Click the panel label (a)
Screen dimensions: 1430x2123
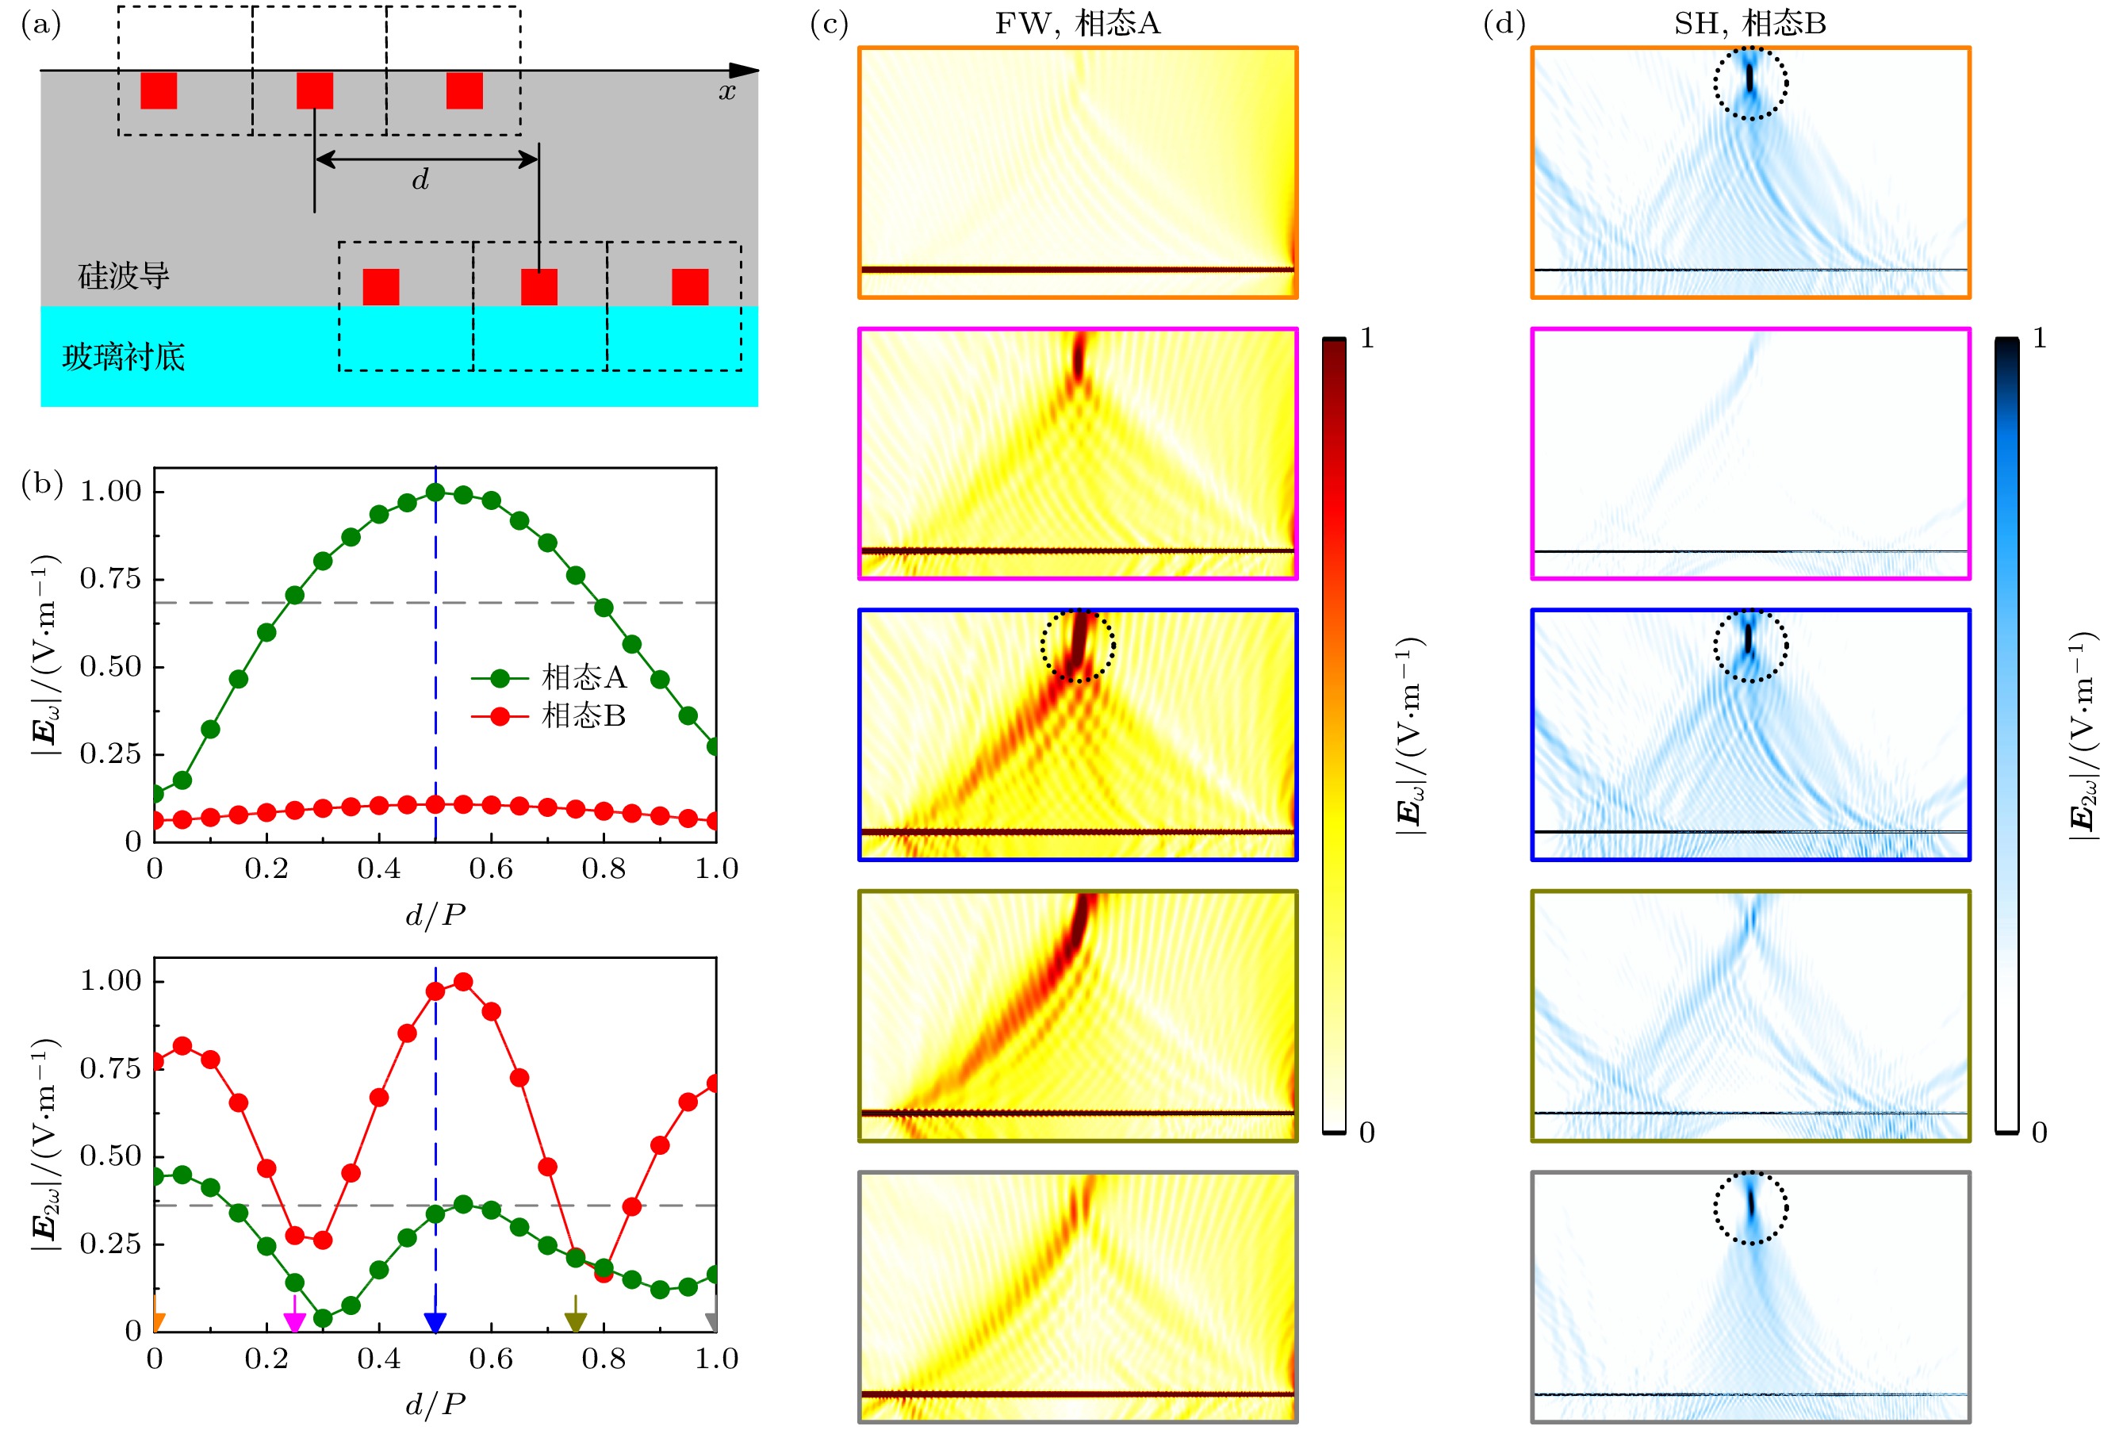pyautogui.click(x=41, y=25)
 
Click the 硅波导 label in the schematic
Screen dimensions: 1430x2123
pyautogui.click(x=123, y=275)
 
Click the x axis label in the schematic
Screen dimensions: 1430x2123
pyautogui.click(x=726, y=91)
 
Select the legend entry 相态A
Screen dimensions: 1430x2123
pyautogui.click(x=584, y=677)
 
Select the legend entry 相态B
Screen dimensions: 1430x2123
pyautogui.click(x=584, y=716)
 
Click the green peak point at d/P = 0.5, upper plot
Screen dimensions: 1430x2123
pyautogui.click(x=435, y=493)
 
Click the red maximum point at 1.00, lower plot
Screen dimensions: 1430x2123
pyautogui.click(x=463, y=981)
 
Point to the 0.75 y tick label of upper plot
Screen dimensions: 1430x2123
pyautogui.click(x=110, y=578)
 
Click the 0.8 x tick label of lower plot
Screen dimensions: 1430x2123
pyautogui.click(x=603, y=1359)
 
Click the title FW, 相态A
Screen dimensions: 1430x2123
pyautogui.click(x=1077, y=24)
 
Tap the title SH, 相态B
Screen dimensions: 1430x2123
pyautogui.click(x=1750, y=24)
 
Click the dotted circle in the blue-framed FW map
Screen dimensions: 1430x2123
pyautogui.click(x=1078, y=646)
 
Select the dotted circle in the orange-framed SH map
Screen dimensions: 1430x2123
pyautogui.click(x=1750, y=83)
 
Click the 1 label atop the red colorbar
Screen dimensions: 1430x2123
pyautogui.click(x=1366, y=339)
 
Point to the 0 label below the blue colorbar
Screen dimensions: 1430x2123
pyautogui.click(x=2039, y=1133)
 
